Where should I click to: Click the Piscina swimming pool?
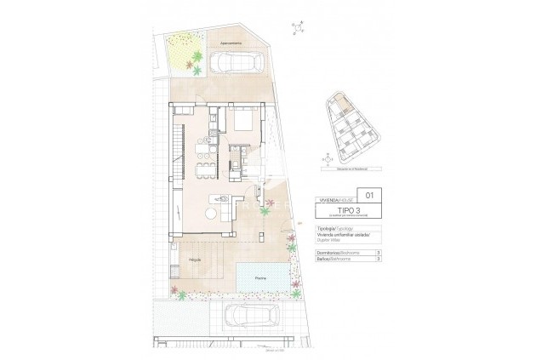[x=260, y=275]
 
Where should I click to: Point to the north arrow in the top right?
[x=297, y=27]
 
